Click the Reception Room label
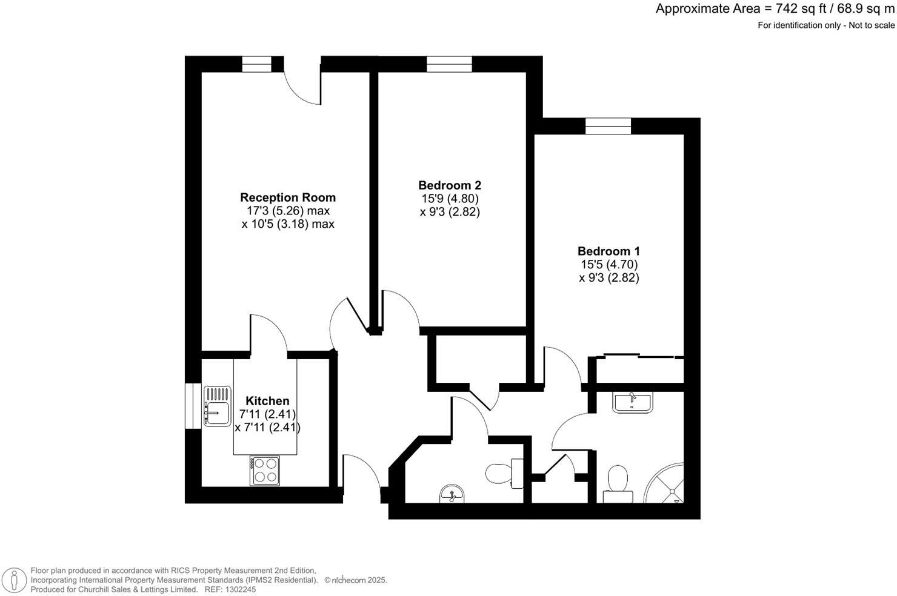coord(288,197)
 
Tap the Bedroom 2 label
coord(450,185)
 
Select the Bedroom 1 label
coord(609,251)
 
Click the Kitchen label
coord(267,401)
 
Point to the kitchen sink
coord(217,406)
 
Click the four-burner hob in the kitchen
coord(265,471)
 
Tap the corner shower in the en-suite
coord(667,485)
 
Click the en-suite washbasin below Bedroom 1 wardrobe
coord(632,402)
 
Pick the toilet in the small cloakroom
coord(504,473)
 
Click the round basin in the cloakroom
coord(452,494)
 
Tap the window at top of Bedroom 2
coord(449,64)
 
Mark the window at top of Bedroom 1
coord(608,126)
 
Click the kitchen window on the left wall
coord(193,406)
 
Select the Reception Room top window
coord(257,64)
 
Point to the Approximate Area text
coord(775,9)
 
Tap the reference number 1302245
coord(241,589)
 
